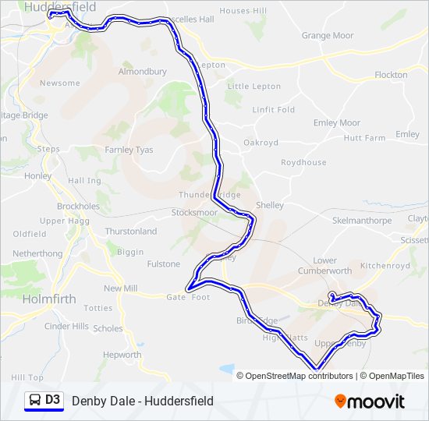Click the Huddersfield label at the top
pyautogui.click(x=60, y=6)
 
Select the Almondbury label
pyautogui.click(x=142, y=72)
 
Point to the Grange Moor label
pyautogui.click(x=327, y=36)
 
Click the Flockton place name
pyautogui.click(x=391, y=75)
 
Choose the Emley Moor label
pyautogui.click(x=336, y=123)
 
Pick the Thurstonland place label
pyautogui.click(x=130, y=232)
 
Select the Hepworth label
pyautogui.click(x=122, y=355)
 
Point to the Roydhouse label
pyautogui.click(x=303, y=163)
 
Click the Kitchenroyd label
pyautogui.click(x=385, y=266)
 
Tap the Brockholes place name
pyautogui.click(x=78, y=207)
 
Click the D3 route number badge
pyautogui.click(x=52, y=400)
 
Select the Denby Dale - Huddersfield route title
pyautogui.click(x=142, y=401)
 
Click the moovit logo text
pyautogui.click(x=377, y=402)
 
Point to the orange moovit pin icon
pyautogui.click(x=340, y=402)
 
